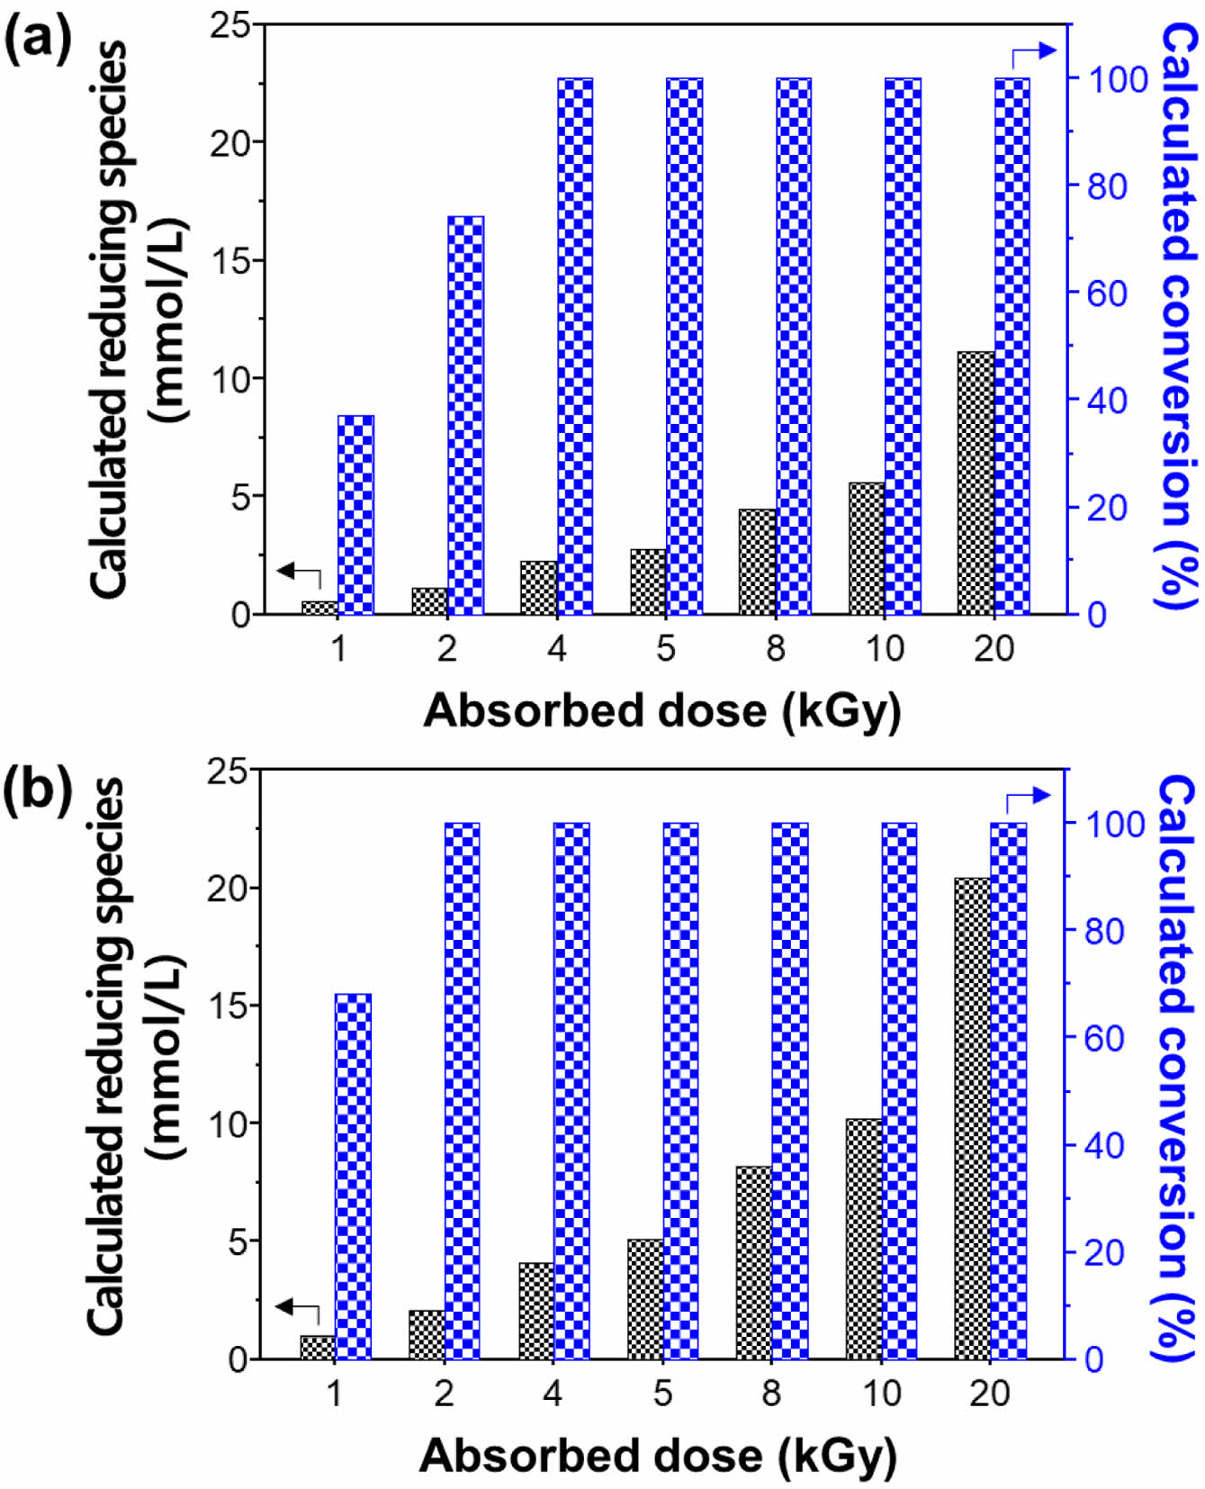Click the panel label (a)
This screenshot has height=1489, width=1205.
[38, 41]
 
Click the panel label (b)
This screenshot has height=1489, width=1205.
[38, 790]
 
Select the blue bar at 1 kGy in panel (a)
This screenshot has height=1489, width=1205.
[356, 515]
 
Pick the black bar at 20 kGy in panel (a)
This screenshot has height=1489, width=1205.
[976, 483]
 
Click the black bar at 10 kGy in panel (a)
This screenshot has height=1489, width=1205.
[867, 549]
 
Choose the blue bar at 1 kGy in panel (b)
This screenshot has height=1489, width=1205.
[353, 1176]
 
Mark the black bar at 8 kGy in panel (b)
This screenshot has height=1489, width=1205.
[754, 1262]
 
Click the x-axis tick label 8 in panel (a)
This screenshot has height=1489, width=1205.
[775, 649]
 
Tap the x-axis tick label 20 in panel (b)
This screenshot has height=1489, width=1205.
[990, 1394]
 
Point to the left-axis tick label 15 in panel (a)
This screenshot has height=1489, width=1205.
[230, 261]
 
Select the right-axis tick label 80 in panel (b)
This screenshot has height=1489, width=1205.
[1104, 931]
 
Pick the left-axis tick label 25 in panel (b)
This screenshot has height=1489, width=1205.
[227, 772]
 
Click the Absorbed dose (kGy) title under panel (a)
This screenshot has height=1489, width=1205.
[661, 711]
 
